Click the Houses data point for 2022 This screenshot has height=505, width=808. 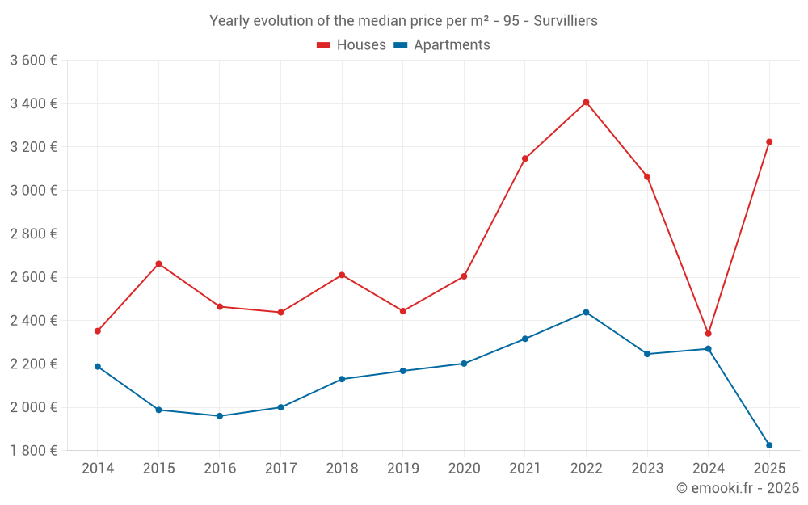[x=586, y=103]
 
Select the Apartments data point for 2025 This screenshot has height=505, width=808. [x=769, y=445]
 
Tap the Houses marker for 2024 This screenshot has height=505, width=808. [x=709, y=334]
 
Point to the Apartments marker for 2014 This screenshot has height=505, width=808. [x=98, y=367]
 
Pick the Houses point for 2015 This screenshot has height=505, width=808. [x=158, y=264]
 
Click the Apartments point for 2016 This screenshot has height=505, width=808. [x=220, y=416]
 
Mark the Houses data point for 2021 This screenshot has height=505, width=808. [x=525, y=158]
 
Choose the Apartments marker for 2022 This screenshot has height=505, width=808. [x=586, y=313]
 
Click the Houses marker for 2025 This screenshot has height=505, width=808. [x=769, y=142]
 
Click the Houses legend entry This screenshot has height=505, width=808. [x=351, y=45]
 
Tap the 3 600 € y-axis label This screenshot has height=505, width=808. [x=33, y=61]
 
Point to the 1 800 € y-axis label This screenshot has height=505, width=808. [x=33, y=451]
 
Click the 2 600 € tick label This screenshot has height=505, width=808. [x=33, y=277]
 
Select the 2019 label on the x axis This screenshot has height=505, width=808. [x=403, y=469]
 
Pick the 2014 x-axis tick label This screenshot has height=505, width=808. [x=98, y=469]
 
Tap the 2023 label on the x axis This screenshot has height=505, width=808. [x=647, y=469]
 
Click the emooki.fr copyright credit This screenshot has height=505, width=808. [x=737, y=488]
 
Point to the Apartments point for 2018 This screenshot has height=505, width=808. [x=342, y=379]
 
